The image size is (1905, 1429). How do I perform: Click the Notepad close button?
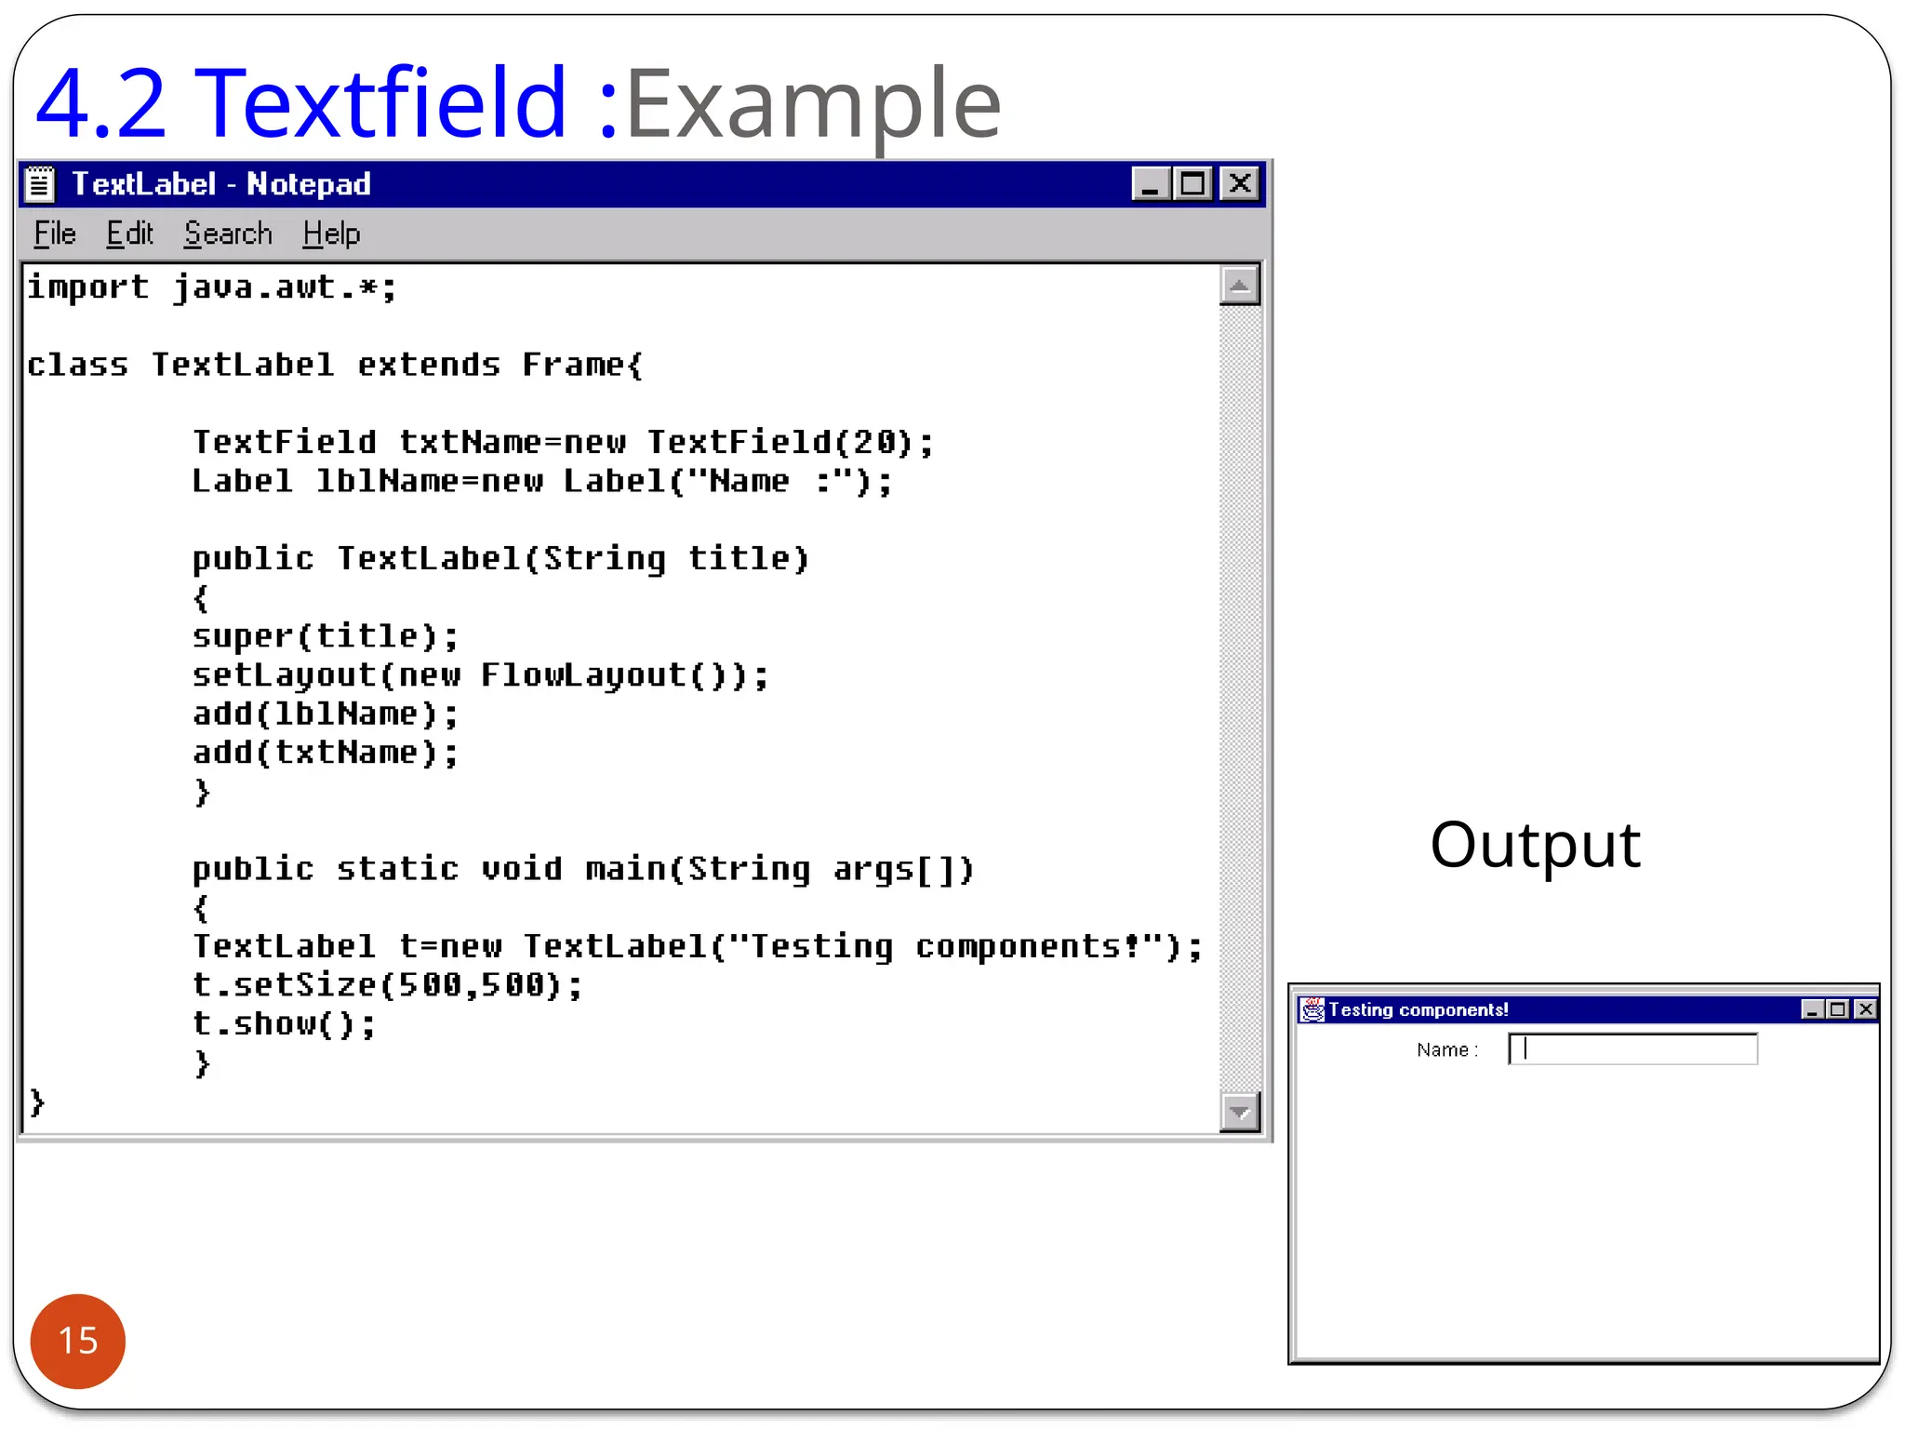coord(1240,183)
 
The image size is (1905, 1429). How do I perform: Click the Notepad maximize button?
coord(1192,183)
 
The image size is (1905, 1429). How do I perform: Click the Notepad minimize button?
coord(1151,183)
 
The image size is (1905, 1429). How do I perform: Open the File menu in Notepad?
coord(54,234)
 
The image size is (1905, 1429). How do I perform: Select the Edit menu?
coord(128,234)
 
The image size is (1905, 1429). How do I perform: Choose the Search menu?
coord(228,234)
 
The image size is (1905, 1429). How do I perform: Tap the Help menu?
coord(331,234)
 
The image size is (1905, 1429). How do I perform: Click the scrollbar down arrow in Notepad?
coord(1239,1111)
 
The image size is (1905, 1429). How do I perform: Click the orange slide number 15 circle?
coord(78,1341)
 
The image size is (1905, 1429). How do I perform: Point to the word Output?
coord(1535,845)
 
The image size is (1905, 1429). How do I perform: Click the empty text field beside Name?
coord(1632,1049)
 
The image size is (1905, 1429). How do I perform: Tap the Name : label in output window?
coord(1446,1050)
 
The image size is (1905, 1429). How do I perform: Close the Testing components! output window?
coord(1865,1009)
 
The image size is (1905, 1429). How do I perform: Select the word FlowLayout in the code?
coord(583,674)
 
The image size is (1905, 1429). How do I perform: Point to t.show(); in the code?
coord(284,1023)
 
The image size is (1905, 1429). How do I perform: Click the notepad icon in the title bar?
coord(40,183)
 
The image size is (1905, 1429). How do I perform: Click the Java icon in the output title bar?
coord(1312,1009)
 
